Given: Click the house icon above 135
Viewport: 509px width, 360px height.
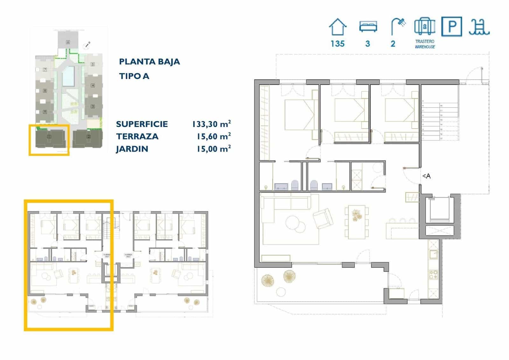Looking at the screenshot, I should (337, 27).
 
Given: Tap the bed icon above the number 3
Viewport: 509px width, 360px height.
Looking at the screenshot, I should (368, 26).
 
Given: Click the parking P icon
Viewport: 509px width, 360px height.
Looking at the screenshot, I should (452, 26).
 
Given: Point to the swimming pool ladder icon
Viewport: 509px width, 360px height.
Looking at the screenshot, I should (479, 27).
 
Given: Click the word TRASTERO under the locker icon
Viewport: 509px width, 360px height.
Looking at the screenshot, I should (425, 41).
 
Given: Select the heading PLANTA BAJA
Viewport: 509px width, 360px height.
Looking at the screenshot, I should (149, 62).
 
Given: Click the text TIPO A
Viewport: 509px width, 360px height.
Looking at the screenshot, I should (134, 76).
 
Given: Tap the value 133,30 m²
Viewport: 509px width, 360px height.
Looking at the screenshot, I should (211, 124).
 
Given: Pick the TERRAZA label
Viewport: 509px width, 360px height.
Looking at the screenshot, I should (137, 137).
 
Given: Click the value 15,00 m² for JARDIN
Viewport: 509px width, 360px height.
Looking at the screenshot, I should (213, 149).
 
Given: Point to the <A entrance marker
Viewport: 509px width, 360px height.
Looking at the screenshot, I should (426, 176).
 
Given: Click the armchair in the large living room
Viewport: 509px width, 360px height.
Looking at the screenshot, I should (323, 219).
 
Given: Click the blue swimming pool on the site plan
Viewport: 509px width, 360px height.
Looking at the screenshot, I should (68, 76).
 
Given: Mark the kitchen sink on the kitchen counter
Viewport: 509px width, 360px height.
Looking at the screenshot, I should (433, 254).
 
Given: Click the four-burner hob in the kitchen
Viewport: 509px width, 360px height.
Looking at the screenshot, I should (433, 275).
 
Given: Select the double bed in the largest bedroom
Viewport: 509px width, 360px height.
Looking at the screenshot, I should (299, 115).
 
